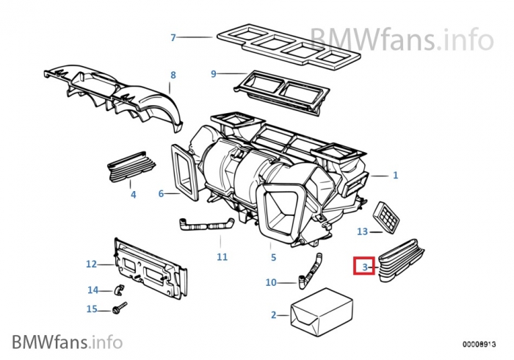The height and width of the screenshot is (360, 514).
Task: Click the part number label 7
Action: pos(173,37)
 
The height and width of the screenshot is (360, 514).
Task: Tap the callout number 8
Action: pos(173,75)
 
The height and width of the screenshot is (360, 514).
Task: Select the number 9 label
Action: pos(214,73)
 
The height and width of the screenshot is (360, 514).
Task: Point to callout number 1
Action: pos(395,175)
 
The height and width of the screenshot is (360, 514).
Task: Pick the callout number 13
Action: pos(362,231)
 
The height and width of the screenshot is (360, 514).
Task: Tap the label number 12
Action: pos(91,264)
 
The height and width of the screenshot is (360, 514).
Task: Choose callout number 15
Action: pos(92,309)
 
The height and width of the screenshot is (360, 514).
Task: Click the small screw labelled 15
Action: pos(120,307)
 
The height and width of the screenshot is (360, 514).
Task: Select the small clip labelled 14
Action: pos(117,288)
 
